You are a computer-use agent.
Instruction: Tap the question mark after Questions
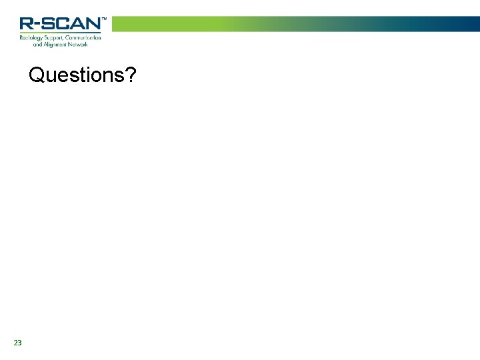[x=131, y=75]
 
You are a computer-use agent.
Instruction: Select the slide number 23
[x=17, y=343]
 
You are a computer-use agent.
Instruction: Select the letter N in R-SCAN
[x=93, y=24]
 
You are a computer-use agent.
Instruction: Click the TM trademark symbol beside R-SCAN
[x=103, y=19]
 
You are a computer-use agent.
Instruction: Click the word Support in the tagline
[x=54, y=38]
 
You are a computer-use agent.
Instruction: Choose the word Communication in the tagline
[x=83, y=38]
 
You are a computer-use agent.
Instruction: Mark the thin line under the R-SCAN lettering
[x=60, y=32]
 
